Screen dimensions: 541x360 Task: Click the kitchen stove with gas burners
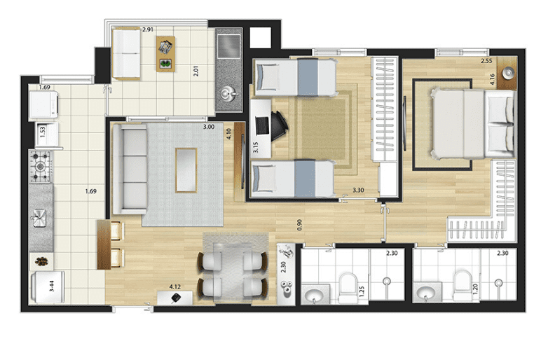41,167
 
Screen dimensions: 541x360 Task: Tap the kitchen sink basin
39,218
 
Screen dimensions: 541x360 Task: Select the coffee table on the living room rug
186,170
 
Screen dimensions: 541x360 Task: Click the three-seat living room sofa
130,169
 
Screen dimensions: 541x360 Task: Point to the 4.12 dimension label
174,286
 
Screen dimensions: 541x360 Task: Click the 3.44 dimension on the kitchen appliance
51,286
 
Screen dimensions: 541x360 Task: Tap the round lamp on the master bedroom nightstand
508,73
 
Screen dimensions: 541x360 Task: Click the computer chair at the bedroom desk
279,126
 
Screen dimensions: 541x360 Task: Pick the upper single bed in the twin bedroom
295,77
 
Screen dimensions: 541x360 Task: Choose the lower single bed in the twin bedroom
293,179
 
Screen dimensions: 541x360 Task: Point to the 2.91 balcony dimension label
148,29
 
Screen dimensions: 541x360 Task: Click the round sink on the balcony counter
227,93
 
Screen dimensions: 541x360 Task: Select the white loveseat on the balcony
127,54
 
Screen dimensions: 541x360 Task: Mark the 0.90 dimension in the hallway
299,225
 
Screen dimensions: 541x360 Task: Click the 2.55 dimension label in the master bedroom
486,61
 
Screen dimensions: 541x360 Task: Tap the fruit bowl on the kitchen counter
41,262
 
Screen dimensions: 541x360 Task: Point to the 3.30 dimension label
358,190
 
